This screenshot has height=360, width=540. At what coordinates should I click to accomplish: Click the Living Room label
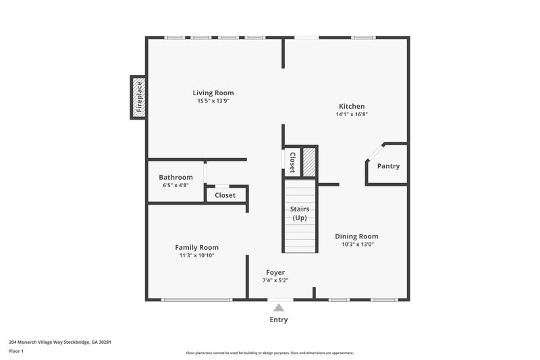click(x=213, y=93)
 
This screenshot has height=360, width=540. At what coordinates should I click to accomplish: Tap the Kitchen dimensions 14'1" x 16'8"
click(x=352, y=115)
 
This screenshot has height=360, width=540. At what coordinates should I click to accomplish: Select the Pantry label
click(x=388, y=166)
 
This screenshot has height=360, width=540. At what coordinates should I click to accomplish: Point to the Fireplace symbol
click(x=138, y=98)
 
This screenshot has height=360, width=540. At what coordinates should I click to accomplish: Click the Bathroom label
click(x=175, y=177)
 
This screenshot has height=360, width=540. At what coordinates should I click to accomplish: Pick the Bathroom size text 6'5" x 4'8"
click(x=175, y=185)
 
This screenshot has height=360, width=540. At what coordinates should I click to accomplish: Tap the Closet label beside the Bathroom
click(x=225, y=195)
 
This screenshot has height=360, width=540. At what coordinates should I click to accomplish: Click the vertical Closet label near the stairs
click(x=292, y=163)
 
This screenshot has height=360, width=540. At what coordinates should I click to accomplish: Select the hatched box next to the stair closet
click(x=309, y=162)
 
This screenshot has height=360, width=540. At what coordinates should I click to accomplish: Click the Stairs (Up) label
click(x=299, y=213)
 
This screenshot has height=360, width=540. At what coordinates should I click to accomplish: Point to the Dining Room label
click(x=356, y=236)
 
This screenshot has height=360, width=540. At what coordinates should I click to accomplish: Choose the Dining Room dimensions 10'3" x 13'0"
click(x=356, y=245)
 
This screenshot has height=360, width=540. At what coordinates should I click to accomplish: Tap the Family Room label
click(x=196, y=247)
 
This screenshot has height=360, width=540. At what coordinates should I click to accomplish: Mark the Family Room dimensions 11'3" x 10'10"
click(x=196, y=256)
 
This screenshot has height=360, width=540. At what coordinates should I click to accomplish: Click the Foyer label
click(x=275, y=272)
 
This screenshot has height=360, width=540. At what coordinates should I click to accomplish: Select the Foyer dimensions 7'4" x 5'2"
click(x=275, y=280)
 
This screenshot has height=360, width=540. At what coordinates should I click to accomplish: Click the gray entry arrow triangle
click(x=279, y=307)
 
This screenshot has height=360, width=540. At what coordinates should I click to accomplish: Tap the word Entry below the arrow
click(x=279, y=320)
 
